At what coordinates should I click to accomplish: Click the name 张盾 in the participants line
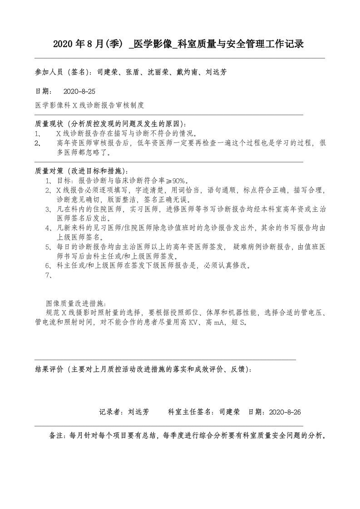click(128, 72)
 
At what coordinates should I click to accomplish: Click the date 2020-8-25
click(80, 91)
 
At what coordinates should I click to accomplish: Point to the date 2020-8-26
click(285, 412)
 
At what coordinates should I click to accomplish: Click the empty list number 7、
click(50, 275)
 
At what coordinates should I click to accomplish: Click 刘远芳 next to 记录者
click(138, 412)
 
